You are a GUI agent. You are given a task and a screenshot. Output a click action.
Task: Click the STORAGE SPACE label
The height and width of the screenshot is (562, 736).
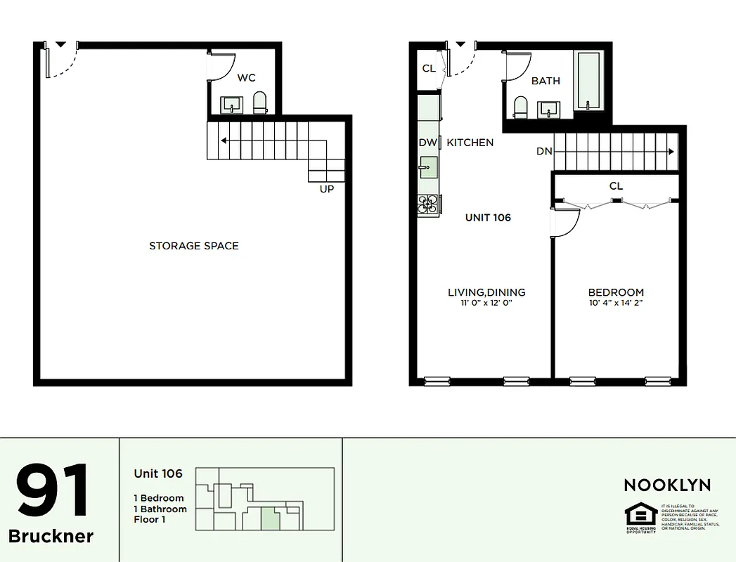[x=194, y=246]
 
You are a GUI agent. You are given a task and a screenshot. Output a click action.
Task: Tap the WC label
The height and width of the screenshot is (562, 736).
[x=246, y=78]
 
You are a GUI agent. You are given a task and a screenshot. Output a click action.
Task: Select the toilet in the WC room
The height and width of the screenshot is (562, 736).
[x=260, y=103]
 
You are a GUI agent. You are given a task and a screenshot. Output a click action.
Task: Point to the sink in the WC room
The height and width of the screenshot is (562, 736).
[x=231, y=105]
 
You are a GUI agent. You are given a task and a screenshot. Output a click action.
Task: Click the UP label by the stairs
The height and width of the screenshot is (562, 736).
[x=327, y=189]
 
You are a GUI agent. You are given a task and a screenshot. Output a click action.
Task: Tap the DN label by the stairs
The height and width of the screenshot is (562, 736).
[x=544, y=151]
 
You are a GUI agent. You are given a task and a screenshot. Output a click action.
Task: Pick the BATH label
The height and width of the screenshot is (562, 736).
[x=545, y=81]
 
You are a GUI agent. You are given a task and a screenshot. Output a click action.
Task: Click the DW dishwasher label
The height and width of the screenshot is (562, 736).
[x=428, y=143]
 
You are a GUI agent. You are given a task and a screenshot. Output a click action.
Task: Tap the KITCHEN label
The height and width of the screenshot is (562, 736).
[x=470, y=143]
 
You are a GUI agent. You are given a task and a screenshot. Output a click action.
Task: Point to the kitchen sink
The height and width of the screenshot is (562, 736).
[x=428, y=167]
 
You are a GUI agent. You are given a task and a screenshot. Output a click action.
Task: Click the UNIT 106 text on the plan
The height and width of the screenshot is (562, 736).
[x=488, y=218]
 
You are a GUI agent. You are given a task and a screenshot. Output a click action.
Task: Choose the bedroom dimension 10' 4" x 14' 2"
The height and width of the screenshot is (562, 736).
[x=616, y=303]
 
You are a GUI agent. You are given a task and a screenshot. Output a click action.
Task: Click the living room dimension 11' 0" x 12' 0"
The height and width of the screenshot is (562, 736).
[x=486, y=303]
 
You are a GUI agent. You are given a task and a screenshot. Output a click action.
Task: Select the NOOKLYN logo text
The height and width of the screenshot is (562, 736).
[x=667, y=485]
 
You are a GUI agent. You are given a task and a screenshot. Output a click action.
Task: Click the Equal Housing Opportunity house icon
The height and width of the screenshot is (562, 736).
[x=640, y=516]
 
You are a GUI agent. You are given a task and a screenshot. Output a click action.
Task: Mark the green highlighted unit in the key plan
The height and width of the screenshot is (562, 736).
[x=270, y=519]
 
